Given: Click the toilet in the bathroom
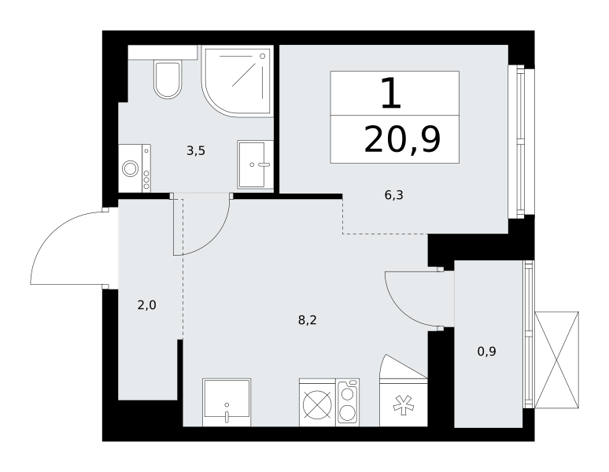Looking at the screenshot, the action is pyautogui.click(x=168, y=79).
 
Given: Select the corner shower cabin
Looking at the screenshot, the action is pyautogui.click(x=237, y=81).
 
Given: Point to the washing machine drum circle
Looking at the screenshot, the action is pyautogui.click(x=130, y=168).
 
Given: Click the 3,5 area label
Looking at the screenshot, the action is pyautogui.click(x=196, y=150).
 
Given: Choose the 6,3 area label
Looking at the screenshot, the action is pyautogui.click(x=394, y=195).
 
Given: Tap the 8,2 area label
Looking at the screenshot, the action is pyautogui.click(x=307, y=320).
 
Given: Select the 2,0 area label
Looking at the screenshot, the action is pyautogui.click(x=147, y=305).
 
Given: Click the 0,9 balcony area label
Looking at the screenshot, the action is pyautogui.click(x=487, y=352).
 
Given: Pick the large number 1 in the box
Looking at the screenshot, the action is pyautogui.click(x=391, y=93).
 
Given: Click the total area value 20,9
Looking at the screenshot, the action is pyautogui.click(x=402, y=140).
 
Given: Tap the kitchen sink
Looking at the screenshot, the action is pyautogui.click(x=227, y=403).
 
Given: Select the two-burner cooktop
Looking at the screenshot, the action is pyautogui.click(x=348, y=403).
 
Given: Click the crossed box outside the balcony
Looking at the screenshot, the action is pyautogui.click(x=556, y=360).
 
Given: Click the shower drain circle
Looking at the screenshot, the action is pyautogui.click(x=263, y=57).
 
